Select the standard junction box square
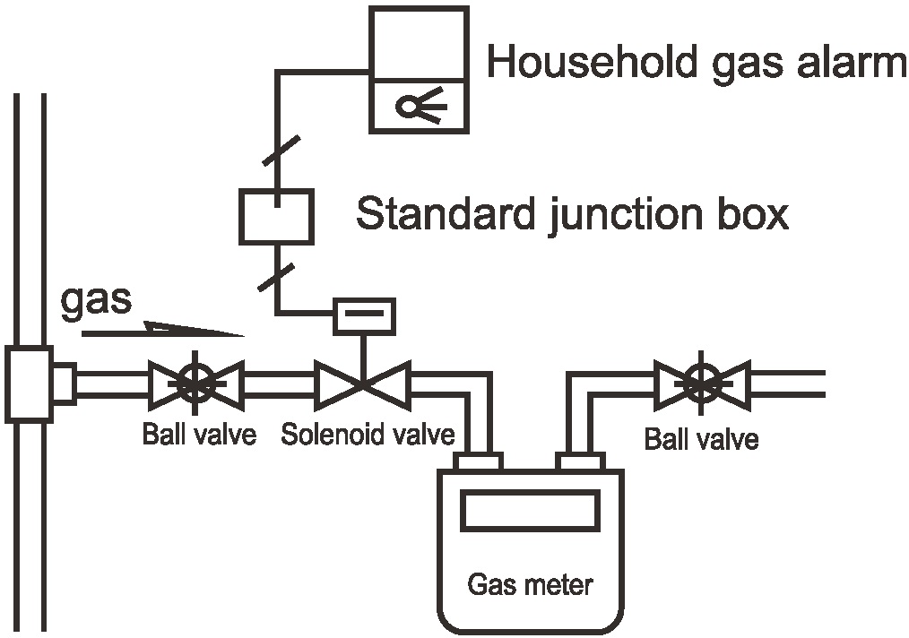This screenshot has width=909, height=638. [275, 216]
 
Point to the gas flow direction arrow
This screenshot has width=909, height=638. [162, 331]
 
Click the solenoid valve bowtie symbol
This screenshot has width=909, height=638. [362, 384]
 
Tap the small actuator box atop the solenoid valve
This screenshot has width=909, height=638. [364, 315]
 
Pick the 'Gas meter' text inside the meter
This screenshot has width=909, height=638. [530, 586]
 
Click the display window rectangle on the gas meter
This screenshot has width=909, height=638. [530, 511]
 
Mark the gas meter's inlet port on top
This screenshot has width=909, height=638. [478, 461]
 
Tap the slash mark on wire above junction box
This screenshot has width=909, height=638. [281, 150]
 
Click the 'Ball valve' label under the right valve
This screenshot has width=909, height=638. [701, 439]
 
